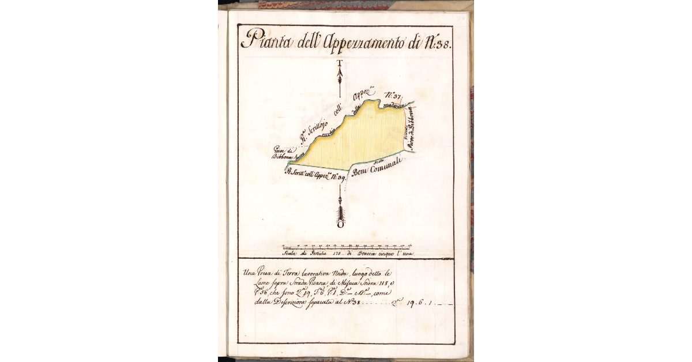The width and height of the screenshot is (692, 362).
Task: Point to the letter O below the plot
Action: [341, 225]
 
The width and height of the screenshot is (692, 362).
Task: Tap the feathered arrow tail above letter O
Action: [341, 211]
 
